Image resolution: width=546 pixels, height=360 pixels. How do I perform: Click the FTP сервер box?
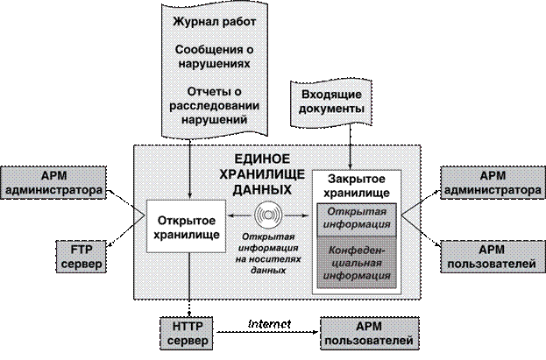tap(82, 257)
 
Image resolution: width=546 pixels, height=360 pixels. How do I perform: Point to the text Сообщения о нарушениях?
tap(213, 56)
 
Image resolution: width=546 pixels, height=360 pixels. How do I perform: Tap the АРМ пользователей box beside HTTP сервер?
tap(367, 332)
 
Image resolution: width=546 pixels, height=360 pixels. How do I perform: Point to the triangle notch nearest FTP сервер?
tap(138, 215)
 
